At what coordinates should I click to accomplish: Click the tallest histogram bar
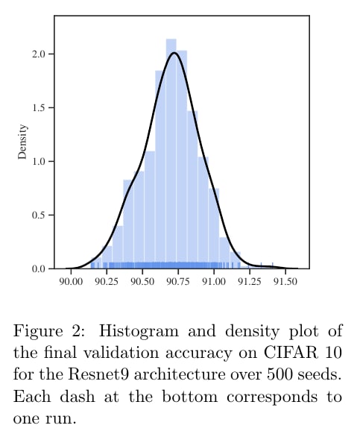(171, 154)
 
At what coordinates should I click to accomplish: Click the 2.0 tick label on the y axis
(39, 54)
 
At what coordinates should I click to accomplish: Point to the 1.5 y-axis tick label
(39, 107)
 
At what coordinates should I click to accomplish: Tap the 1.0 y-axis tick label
(39, 161)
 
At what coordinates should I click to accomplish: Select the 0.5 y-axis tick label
(39, 215)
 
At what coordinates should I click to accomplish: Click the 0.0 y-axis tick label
(39, 268)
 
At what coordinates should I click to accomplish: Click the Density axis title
(22, 142)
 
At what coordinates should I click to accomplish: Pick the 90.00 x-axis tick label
(71, 281)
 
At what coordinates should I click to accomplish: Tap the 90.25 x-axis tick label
(107, 281)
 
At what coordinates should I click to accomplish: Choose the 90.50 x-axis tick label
(142, 281)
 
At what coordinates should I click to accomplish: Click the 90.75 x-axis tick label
(178, 281)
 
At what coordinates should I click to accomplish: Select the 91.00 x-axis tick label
(214, 281)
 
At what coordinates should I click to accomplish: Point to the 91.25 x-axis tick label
(250, 281)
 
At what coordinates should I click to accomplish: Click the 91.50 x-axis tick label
(285, 281)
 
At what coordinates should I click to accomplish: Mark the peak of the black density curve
(174, 53)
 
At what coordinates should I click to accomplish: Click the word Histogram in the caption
(139, 331)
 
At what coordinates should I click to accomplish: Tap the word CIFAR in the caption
(290, 353)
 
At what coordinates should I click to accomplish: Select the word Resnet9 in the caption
(98, 374)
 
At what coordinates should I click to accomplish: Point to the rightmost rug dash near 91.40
(273, 265)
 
